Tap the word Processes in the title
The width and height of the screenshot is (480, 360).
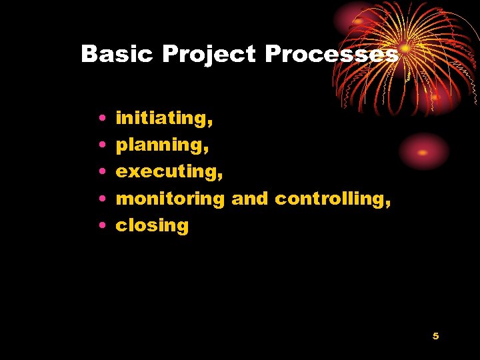pos(331,54)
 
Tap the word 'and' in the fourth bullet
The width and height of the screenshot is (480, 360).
pos(250,198)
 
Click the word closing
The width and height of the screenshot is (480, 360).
pos(152,225)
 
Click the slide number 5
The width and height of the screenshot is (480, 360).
pos(435,336)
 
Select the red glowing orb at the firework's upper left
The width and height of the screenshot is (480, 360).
pos(359,21)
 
